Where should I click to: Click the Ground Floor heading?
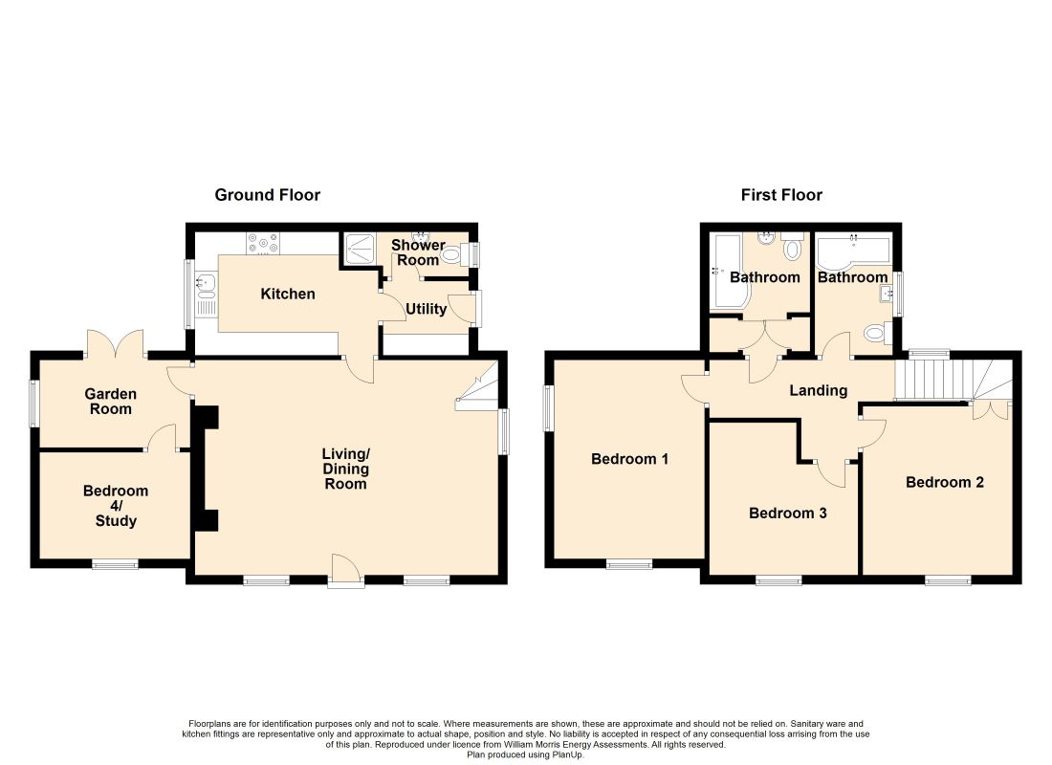tap(267, 195)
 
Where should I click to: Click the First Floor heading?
tap(781, 195)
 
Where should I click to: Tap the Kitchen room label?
tap(288, 294)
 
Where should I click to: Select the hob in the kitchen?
tap(263, 243)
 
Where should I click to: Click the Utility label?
tap(426, 309)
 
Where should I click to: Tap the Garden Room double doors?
tap(115, 342)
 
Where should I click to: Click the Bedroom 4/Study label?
tap(116, 505)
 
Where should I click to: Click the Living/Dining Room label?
tap(345, 469)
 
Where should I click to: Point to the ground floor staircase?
tap(477, 386)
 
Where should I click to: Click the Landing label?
tap(818, 390)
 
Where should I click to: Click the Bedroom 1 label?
tap(629, 459)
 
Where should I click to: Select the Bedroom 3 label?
tap(788, 514)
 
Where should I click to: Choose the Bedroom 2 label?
tap(945, 483)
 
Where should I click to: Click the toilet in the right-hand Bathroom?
tap(878, 332)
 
